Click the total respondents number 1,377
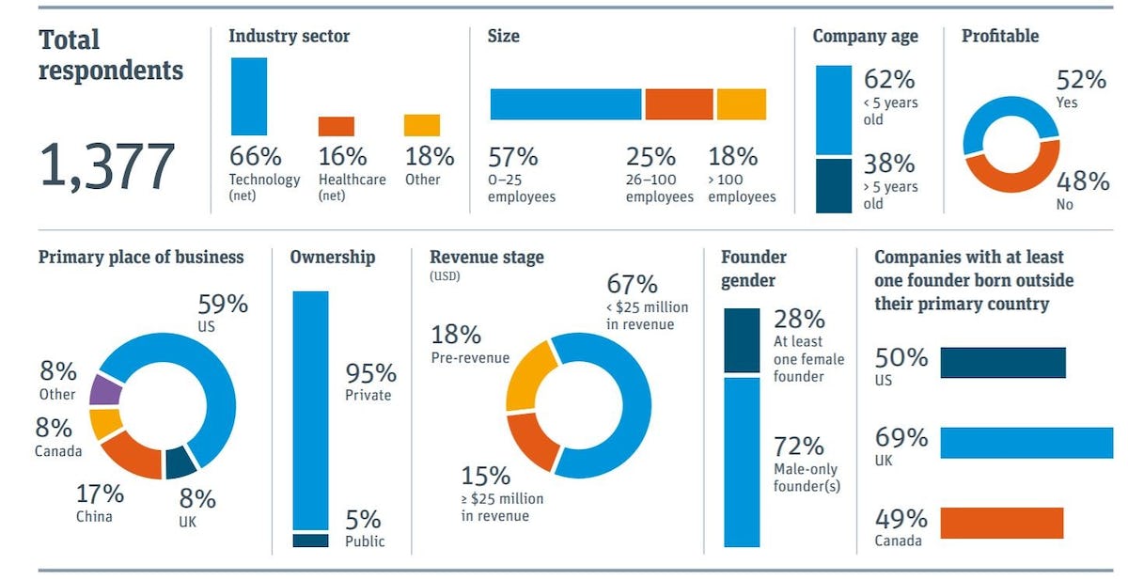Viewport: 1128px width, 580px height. pos(106,166)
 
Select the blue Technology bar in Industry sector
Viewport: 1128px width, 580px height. pos(249,96)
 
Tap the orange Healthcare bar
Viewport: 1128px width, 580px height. pos(336,126)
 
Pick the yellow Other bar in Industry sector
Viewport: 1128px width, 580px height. pos(422,125)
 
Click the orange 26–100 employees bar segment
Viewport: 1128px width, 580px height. pos(679,104)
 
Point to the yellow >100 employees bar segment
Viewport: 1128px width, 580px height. pos(742,104)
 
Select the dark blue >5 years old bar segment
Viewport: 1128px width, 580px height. pos(834,187)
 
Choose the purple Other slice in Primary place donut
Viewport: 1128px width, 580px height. pos(105,389)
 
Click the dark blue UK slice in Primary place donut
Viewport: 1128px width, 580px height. pos(180,462)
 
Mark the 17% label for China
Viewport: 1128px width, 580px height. pos(100,494)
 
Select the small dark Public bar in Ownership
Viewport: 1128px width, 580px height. pos(310,541)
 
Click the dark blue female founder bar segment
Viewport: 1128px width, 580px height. pos(741,340)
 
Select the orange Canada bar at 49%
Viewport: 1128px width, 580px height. pos(1001,524)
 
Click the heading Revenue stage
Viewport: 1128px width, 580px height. pos(486,257)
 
